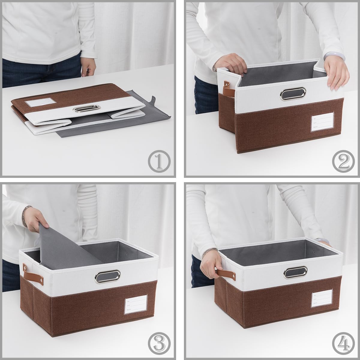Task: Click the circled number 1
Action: (x=159, y=161)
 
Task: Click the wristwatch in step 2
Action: (x=214, y=69)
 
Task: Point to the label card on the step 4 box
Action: (x=322, y=298)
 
